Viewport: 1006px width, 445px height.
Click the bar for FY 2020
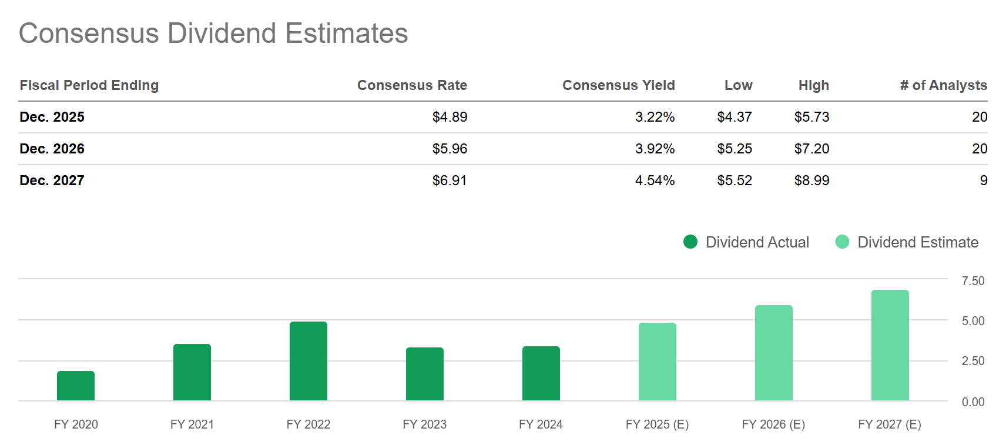click(76, 386)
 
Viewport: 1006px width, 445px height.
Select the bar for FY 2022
click(308, 361)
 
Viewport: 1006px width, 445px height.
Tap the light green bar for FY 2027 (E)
click(890, 345)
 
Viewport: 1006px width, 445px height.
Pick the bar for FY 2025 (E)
click(657, 362)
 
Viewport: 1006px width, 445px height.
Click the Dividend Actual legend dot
click(690, 242)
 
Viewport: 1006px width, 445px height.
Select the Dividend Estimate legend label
click(918, 242)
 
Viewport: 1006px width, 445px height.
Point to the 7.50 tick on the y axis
click(973, 281)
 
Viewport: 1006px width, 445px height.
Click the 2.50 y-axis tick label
click(973, 361)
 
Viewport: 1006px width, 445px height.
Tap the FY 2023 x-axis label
click(424, 424)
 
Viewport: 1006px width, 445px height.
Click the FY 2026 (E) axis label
click(773, 424)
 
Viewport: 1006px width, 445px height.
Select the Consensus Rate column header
click(412, 85)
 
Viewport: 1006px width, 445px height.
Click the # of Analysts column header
click(943, 85)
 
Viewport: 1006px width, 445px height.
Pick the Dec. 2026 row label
click(52, 149)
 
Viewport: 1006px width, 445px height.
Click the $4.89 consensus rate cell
click(450, 117)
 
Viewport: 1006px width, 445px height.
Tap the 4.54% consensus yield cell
click(655, 180)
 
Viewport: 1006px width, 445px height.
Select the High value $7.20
click(811, 149)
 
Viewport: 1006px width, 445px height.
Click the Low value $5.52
click(735, 180)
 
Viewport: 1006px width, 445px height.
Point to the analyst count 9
click(983, 180)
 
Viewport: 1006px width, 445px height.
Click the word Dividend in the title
click(222, 34)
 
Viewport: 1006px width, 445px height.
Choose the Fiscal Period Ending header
click(89, 85)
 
